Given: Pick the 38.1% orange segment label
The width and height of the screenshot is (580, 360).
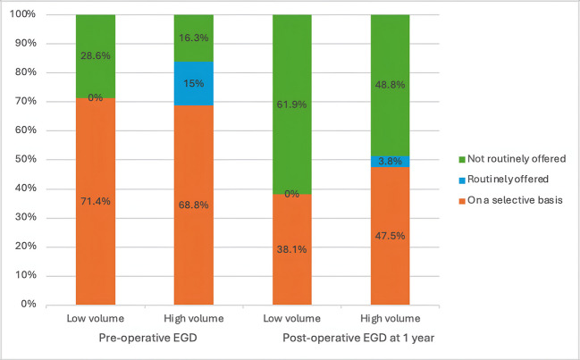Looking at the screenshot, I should pos(287,250).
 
